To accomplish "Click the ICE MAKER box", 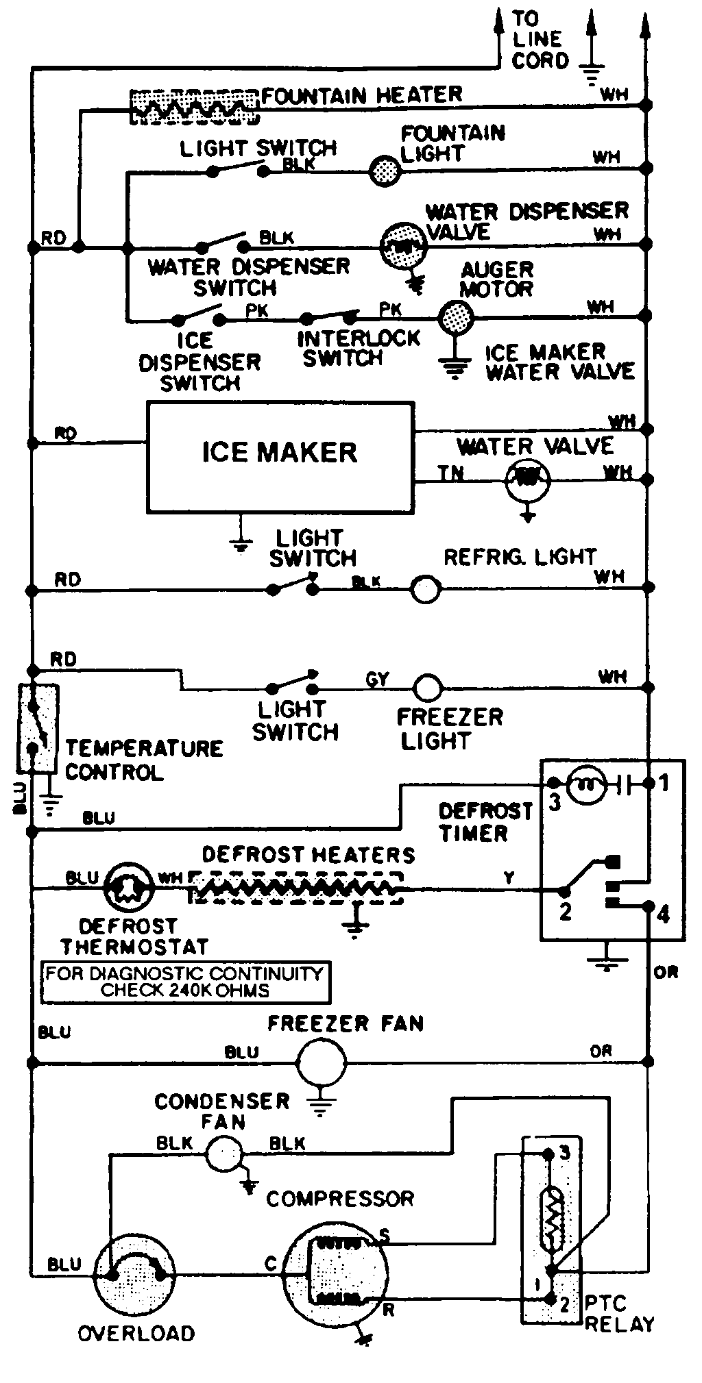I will (280, 457).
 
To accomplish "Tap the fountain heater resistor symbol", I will (195, 107).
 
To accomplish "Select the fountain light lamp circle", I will (385, 170).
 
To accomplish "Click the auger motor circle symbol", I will (455, 317).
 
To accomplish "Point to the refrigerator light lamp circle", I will (425, 588).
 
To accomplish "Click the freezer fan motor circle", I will (321, 1062).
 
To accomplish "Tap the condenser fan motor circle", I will (224, 1154).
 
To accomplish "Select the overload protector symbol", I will (134, 1275).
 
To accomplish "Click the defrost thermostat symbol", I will (128, 888).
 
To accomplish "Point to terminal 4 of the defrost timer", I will (662, 914).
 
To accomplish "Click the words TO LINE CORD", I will (540, 39).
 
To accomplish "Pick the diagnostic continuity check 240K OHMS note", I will (185, 982).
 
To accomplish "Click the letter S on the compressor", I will (384, 1235).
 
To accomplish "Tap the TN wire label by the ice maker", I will (450, 472).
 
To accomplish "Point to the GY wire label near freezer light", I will (378, 679).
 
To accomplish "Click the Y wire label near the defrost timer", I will (509, 877).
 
